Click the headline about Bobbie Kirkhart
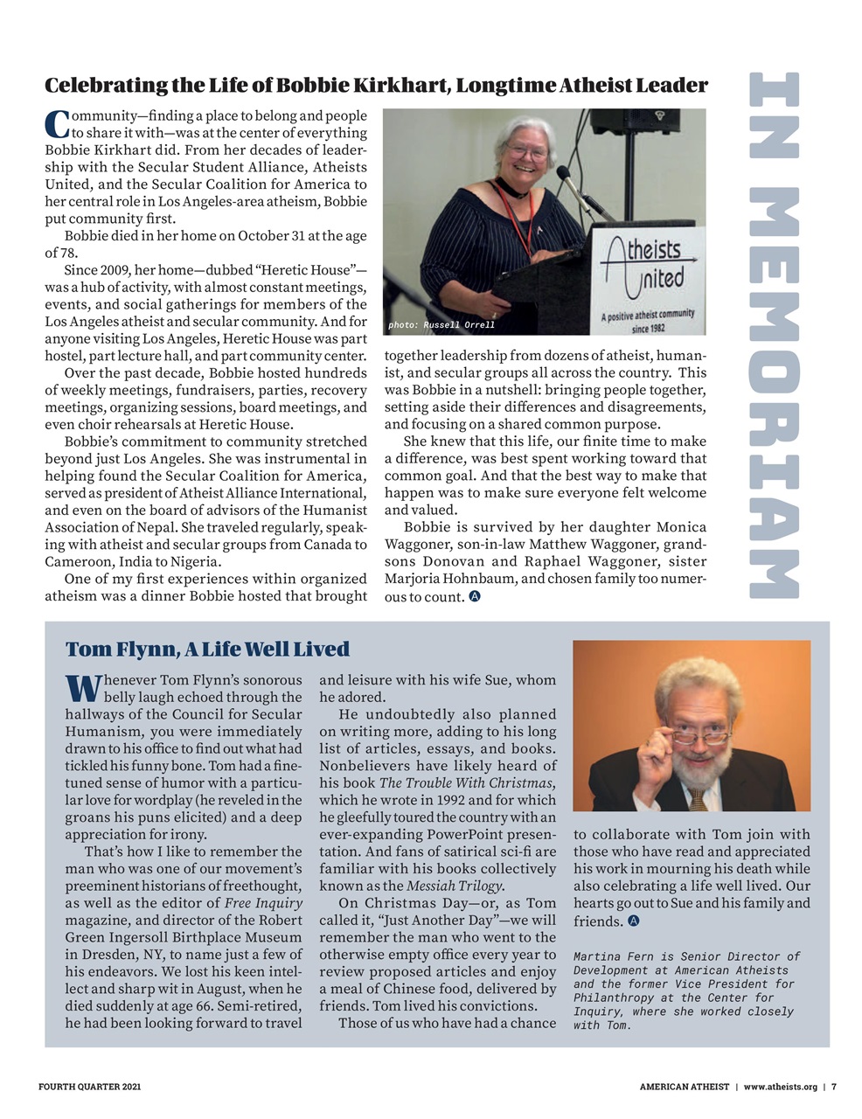pyautogui.click(x=376, y=85)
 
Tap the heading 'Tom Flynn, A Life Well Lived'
pyautogui.click(x=207, y=649)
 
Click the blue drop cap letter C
pyautogui.click(x=56, y=124)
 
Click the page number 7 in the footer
pyautogui.click(x=833, y=1087)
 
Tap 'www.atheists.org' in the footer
pyautogui.click(x=780, y=1087)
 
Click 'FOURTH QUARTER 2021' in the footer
pyautogui.click(x=89, y=1087)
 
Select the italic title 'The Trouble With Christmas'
pyautogui.click(x=465, y=782)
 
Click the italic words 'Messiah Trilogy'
pyautogui.click(x=455, y=886)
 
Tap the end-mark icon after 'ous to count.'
pyautogui.click(x=475, y=597)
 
